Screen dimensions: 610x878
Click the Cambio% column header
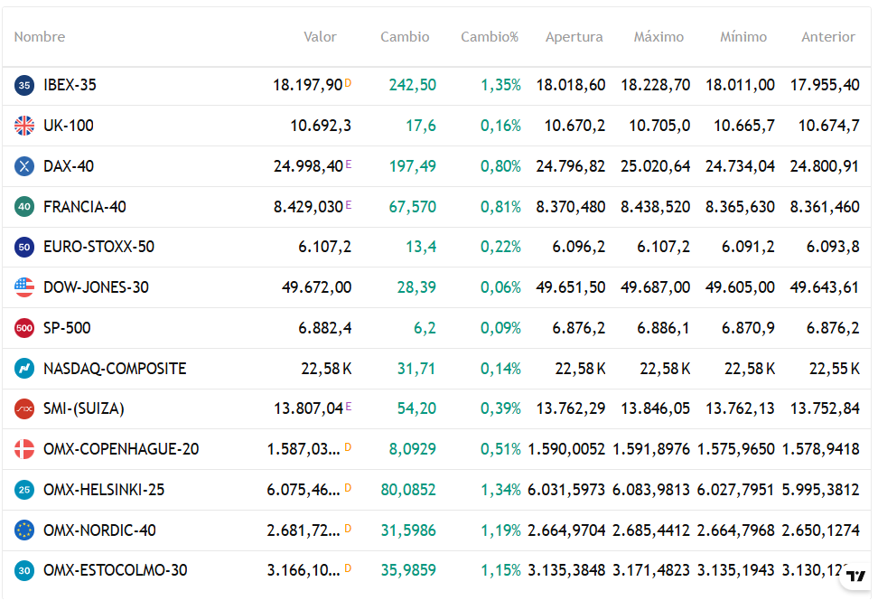490,37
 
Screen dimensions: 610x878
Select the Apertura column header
574,37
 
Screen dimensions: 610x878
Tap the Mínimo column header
743,37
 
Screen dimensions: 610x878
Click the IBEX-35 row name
70,85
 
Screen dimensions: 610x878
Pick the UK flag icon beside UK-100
24,126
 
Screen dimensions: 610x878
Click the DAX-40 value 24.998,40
308,166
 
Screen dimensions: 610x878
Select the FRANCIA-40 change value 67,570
412,207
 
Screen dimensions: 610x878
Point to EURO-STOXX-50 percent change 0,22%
500,247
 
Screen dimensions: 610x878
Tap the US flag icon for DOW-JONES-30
24,287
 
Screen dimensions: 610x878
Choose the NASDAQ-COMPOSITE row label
115,369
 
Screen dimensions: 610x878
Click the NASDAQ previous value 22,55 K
834,369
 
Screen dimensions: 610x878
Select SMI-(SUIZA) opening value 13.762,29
570,408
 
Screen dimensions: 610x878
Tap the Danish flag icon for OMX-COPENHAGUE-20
24,449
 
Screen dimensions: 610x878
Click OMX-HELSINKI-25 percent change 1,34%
500,490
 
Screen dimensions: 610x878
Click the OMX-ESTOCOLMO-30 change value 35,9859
408,570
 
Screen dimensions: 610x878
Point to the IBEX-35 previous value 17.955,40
825,85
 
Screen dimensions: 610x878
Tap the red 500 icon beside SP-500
24,328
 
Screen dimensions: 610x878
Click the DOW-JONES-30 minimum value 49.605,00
740,287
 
